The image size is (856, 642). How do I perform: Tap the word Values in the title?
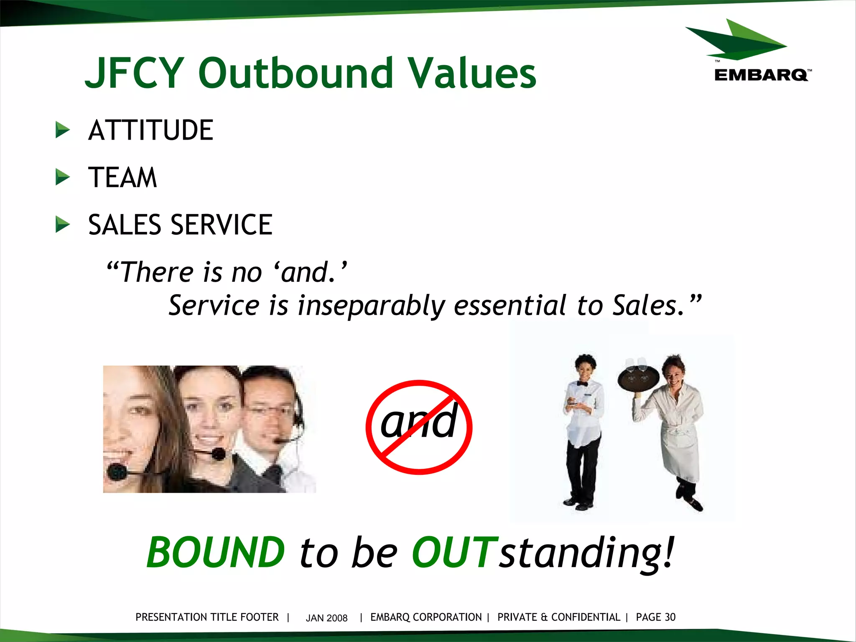pos(472,73)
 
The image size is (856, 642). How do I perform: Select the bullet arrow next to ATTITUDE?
pos(63,130)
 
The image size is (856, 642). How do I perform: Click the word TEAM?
pos(122,177)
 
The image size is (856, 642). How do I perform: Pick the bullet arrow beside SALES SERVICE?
pos(63,225)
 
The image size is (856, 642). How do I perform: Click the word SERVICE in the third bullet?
pos(222,225)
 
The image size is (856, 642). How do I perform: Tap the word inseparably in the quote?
pos(371,306)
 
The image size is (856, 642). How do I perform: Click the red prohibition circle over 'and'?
pos(419,427)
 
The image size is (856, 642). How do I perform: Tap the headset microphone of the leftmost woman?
pos(117,472)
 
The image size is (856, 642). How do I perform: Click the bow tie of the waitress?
pos(582,384)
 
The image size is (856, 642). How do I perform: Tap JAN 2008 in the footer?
pos(326,618)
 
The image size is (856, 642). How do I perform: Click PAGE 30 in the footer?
pos(655,617)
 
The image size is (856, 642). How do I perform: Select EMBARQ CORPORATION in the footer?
pos(426,617)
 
